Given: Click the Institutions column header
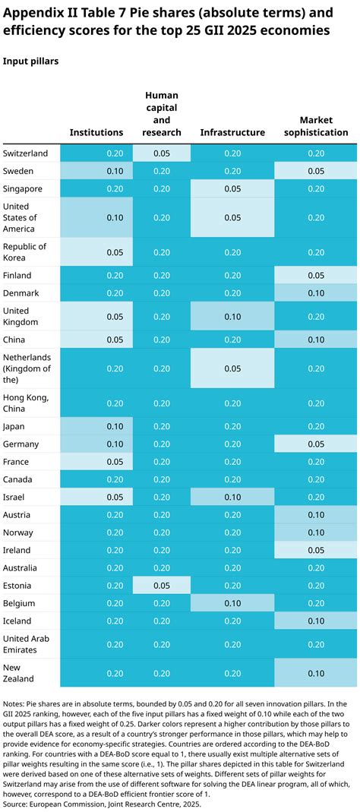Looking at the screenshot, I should (96, 132).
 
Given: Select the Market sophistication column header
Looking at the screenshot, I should (316, 126).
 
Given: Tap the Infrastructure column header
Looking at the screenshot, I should (232, 132).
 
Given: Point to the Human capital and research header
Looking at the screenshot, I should (161, 114).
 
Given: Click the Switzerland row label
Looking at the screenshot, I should (26, 153).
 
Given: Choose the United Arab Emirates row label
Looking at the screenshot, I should (27, 644).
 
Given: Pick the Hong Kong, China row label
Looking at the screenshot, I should (27, 403).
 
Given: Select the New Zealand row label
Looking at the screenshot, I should (21, 673).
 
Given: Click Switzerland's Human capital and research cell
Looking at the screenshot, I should (161, 153).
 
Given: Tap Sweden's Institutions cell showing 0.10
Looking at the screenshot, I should (96, 171).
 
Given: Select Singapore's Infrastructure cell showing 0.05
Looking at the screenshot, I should (232, 188).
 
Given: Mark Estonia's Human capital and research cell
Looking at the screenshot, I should (161, 586).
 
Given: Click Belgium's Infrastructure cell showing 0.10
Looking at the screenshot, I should (232, 603).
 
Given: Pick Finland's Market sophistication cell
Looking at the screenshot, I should (316, 275).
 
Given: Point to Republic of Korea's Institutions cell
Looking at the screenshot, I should (96, 252).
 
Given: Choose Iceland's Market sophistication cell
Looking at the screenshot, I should (316, 621).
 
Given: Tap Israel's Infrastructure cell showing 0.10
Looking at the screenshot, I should (232, 497).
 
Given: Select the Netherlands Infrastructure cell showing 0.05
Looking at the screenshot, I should (232, 368).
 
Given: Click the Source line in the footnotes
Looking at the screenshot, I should (103, 802).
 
